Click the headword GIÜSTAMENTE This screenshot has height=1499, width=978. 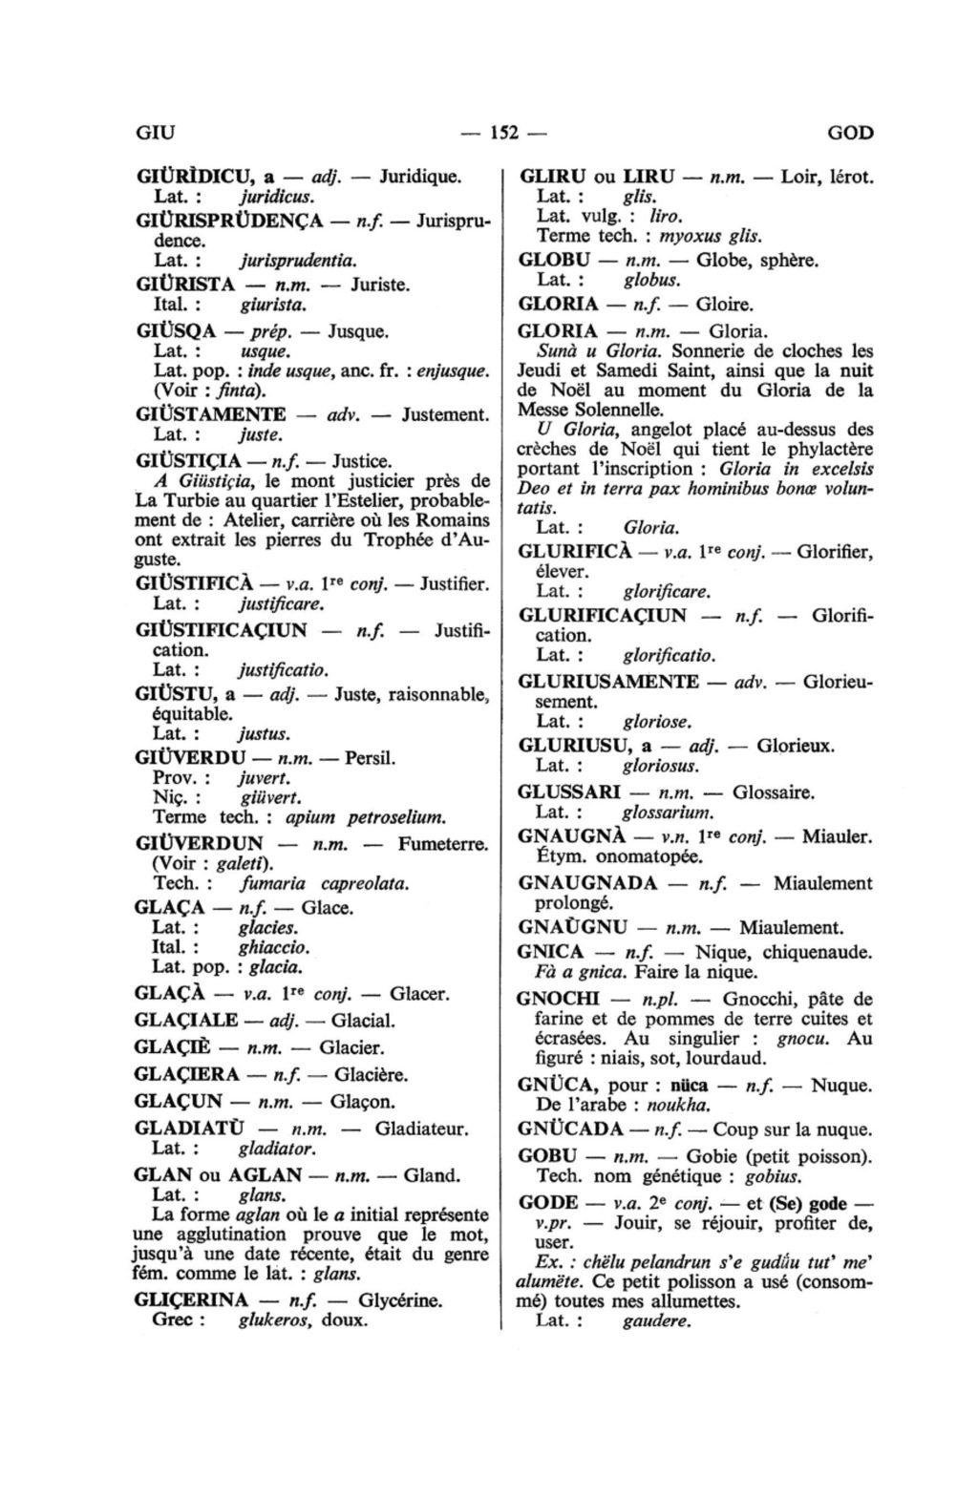pyautogui.click(x=211, y=414)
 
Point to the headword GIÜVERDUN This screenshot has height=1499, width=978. pyautogui.click(x=200, y=843)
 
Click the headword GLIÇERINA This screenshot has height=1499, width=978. pyautogui.click(x=192, y=1299)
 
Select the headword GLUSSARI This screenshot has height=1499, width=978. pyautogui.click(x=569, y=792)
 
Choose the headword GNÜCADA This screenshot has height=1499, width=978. pyautogui.click(x=570, y=1130)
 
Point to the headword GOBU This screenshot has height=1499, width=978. pyautogui.click(x=547, y=1156)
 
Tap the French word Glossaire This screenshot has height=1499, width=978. pyautogui.click(x=774, y=792)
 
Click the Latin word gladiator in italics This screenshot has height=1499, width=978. pyautogui.click(x=276, y=1149)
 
